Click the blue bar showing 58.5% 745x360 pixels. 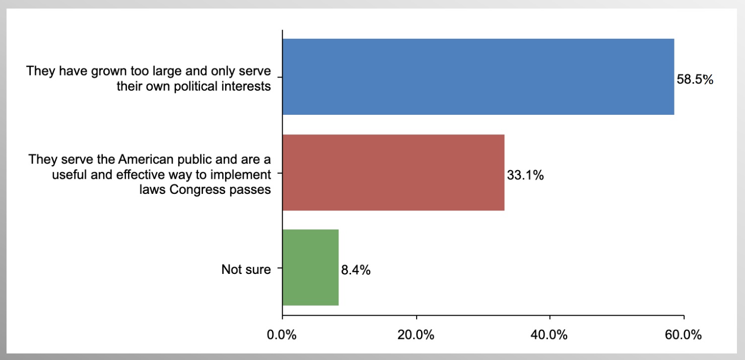(x=478, y=77)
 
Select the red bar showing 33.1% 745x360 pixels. (x=393, y=172)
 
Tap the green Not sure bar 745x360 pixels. (x=310, y=267)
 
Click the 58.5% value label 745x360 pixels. (x=695, y=80)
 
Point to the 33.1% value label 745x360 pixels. (x=525, y=176)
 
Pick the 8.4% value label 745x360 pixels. (x=356, y=270)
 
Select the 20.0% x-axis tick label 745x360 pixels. (x=416, y=335)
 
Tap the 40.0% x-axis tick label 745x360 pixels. (x=550, y=335)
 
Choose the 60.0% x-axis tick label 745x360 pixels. (x=684, y=335)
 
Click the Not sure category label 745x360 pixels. (x=246, y=270)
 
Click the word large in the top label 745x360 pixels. (x=176, y=71)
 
